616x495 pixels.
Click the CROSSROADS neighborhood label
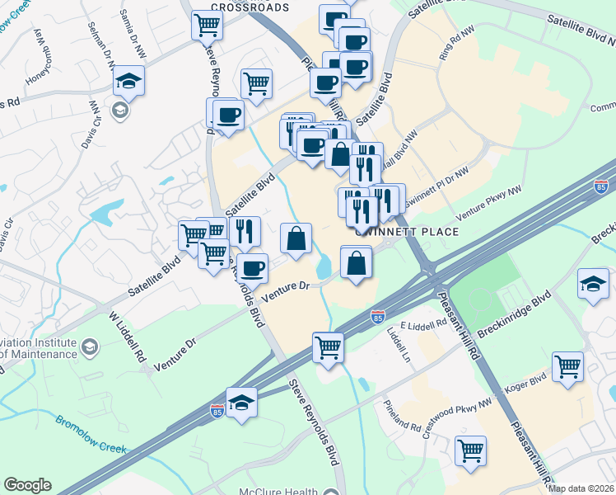250,7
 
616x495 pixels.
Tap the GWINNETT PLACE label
405,232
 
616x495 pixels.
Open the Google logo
27,485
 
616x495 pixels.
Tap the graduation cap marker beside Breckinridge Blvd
593,283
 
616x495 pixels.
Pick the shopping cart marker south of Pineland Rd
470,450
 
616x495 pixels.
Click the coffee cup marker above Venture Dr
254,267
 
